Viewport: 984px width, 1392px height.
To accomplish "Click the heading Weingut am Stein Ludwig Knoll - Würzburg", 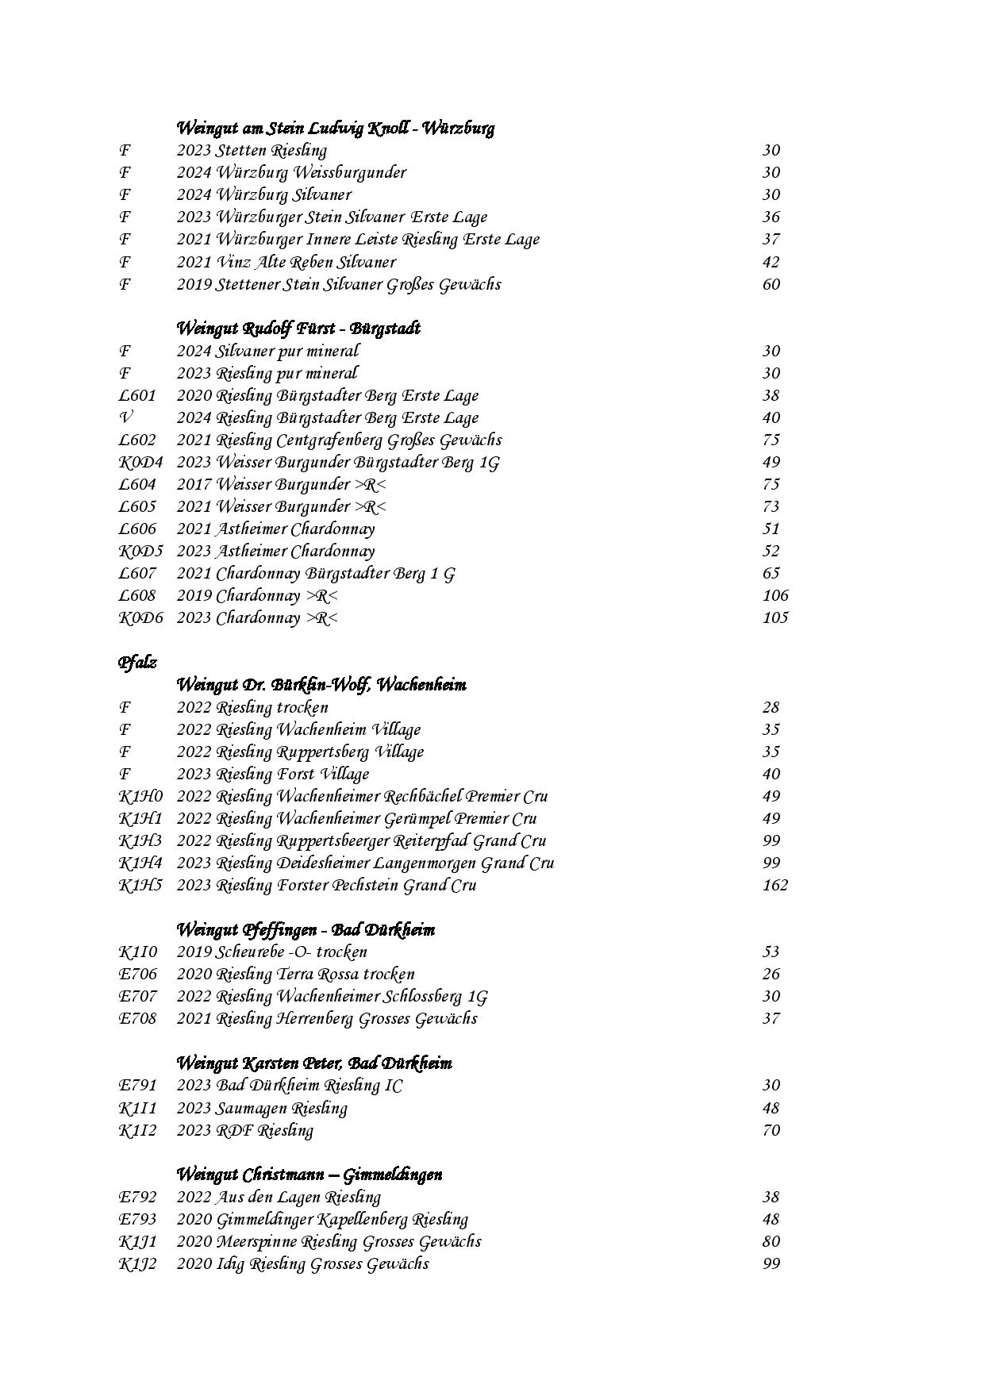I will (335, 128).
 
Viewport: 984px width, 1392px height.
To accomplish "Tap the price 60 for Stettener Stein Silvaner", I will (771, 284).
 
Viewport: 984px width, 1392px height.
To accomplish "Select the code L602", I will (137, 440).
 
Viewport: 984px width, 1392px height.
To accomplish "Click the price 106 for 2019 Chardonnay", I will (775, 595).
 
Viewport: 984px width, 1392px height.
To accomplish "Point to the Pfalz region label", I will (137, 662).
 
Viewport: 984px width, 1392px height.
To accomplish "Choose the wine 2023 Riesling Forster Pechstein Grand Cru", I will (326, 885).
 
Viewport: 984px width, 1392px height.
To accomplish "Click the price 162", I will (775, 885).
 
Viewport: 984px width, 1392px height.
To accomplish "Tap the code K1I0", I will (138, 952).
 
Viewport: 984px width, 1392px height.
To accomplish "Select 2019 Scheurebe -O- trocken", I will (271, 952).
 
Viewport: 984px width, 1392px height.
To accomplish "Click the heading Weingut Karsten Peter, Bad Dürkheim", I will (313, 1063).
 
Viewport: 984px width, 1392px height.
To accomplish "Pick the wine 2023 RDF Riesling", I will (244, 1130).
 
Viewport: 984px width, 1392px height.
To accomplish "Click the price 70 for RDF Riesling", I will (771, 1130).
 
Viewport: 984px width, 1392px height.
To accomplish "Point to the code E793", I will (137, 1219).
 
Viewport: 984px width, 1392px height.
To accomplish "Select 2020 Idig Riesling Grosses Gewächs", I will (302, 1263).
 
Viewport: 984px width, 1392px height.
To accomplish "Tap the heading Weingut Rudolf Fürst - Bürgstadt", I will (298, 328).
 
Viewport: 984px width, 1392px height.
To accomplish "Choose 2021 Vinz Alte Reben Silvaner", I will (286, 262).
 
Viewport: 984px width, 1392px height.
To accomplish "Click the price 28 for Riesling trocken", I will (771, 707).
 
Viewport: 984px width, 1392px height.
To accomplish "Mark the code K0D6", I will (140, 617).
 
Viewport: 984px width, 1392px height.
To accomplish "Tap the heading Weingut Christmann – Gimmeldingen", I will (309, 1174).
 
